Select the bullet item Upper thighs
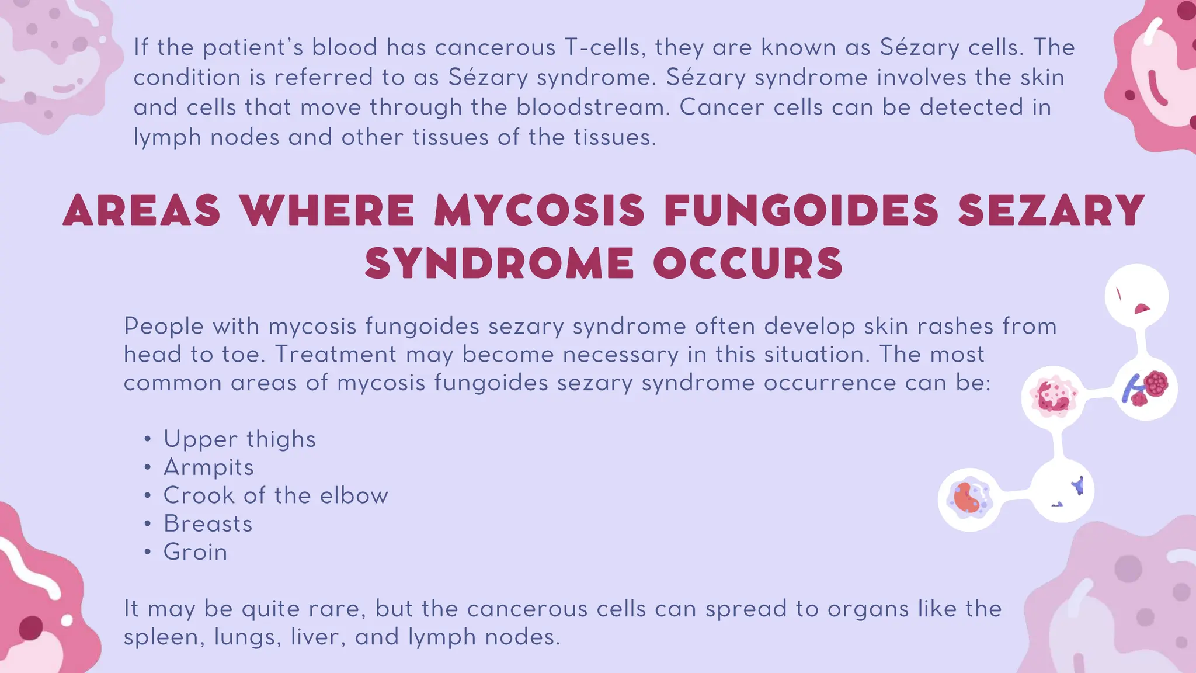[x=239, y=439]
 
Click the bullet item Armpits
[x=208, y=467]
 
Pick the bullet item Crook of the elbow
[x=276, y=495]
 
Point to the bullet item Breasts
[x=208, y=523]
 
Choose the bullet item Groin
[x=195, y=552]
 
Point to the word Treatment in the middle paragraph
[x=335, y=355]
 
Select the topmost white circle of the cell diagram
[x=1136, y=296]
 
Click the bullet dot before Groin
[x=148, y=552]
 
